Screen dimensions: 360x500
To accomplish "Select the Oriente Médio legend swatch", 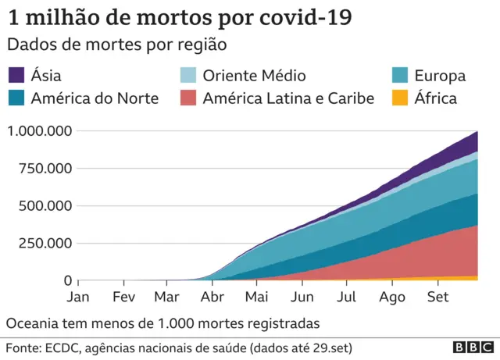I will [x=190, y=76].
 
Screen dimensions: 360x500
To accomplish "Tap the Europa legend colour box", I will [x=400, y=76].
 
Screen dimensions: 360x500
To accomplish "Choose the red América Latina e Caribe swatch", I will [x=190, y=98].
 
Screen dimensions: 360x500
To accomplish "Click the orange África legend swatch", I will [x=400, y=98].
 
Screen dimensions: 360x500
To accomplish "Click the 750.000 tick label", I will [x=45, y=169].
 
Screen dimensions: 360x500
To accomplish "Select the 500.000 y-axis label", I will [x=45, y=206].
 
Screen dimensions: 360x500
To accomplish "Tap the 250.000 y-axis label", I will [x=45, y=244].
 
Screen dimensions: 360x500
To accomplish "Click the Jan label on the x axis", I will [x=79, y=298].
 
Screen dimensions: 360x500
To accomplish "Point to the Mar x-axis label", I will [x=167, y=298].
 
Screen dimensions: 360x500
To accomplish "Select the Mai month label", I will [x=256, y=298].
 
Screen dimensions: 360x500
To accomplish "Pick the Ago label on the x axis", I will [x=392, y=298].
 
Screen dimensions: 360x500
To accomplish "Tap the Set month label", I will [x=438, y=298].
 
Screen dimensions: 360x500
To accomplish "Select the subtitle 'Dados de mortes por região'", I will [x=116, y=45].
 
